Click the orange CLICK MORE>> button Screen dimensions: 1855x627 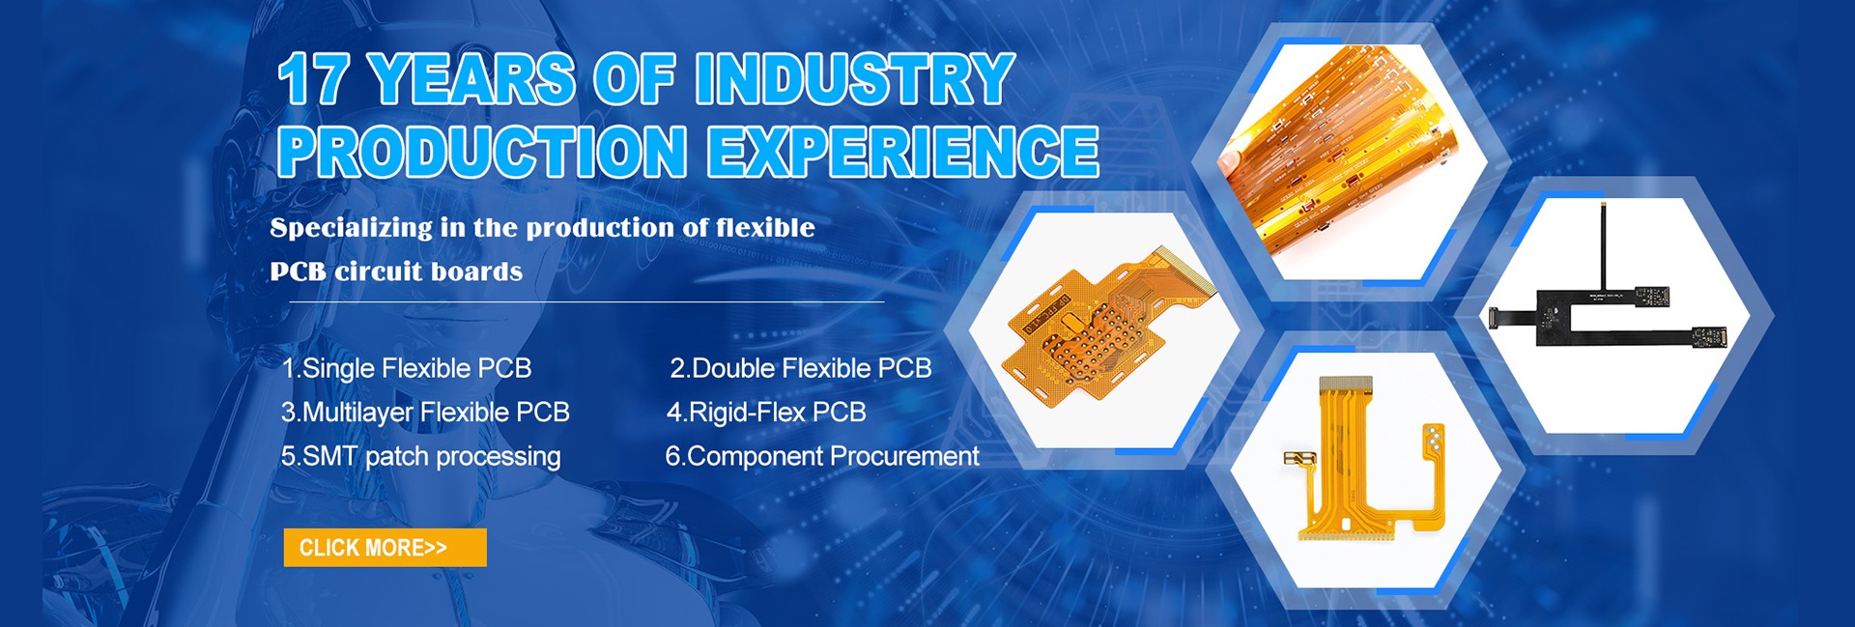pyautogui.click(x=385, y=548)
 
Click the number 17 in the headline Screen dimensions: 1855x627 pyautogui.click(x=313, y=79)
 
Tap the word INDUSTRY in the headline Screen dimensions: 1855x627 pyautogui.click(x=854, y=78)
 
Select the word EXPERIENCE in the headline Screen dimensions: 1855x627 pyautogui.click(x=902, y=152)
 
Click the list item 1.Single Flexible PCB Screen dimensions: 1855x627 pyautogui.click(x=407, y=368)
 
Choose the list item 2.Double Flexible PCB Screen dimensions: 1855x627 pyautogui.click(x=801, y=368)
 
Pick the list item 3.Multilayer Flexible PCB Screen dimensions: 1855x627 pyautogui.click(x=425, y=413)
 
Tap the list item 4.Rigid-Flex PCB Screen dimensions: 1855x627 pyautogui.click(x=766, y=413)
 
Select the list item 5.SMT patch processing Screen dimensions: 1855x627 pyautogui.click(x=420, y=456)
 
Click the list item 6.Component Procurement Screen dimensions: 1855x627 pyautogui.click(x=822, y=456)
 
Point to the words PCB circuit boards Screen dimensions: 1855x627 pyautogui.click(x=396, y=271)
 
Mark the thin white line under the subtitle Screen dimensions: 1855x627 pyautogui.click(x=586, y=301)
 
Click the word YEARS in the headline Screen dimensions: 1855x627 pyautogui.click(x=471, y=79)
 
